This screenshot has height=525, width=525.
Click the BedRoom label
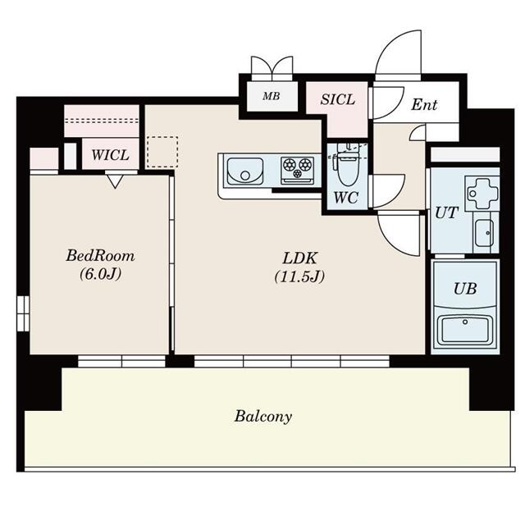pyautogui.click(x=100, y=256)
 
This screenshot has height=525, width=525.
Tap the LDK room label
pyautogui.click(x=299, y=258)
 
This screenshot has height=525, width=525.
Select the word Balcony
pyautogui.click(x=262, y=417)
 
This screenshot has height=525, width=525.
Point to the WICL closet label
pyautogui.click(x=110, y=155)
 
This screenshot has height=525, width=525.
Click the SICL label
pyautogui.click(x=337, y=99)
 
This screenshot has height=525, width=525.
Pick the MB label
pyautogui.click(x=272, y=97)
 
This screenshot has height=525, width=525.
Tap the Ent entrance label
pyautogui.click(x=424, y=104)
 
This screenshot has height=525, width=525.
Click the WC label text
pyautogui.click(x=346, y=198)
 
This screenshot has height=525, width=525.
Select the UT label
pyautogui.click(x=446, y=213)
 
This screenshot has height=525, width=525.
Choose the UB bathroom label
pyautogui.click(x=465, y=289)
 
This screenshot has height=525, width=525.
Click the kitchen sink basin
pyautogui.click(x=244, y=171)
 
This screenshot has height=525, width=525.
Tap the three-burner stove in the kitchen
pyautogui.click(x=297, y=170)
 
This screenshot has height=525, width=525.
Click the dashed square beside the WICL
pyautogui.click(x=162, y=152)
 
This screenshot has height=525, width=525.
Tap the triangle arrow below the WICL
pyautogui.click(x=115, y=182)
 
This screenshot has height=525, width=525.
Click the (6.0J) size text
pyautogui.click(x=100, y=275)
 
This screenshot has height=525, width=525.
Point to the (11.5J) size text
pyautogui.click(x=299, y=277)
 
